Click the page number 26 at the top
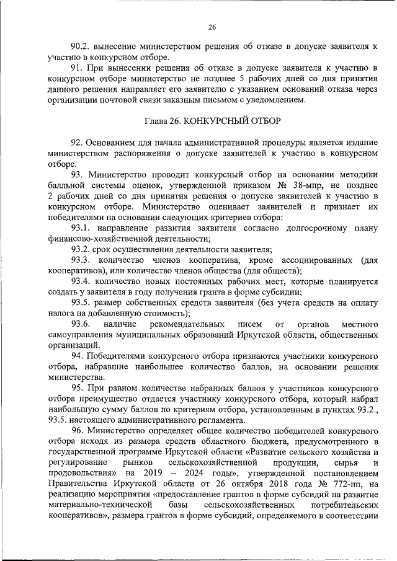pos(212,27)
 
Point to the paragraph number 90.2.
pos(81,46)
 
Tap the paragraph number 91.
pos(76,66)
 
